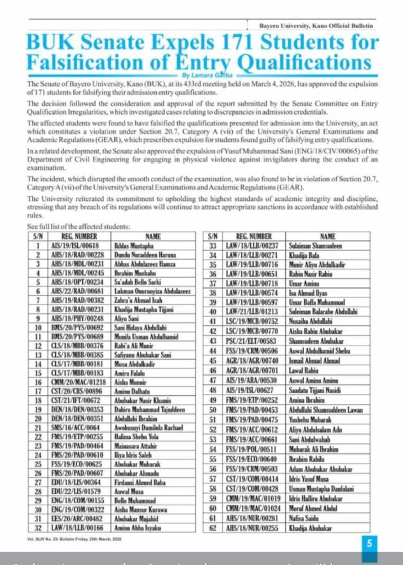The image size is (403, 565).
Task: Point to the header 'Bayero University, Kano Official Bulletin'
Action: click(x=316, y=25)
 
